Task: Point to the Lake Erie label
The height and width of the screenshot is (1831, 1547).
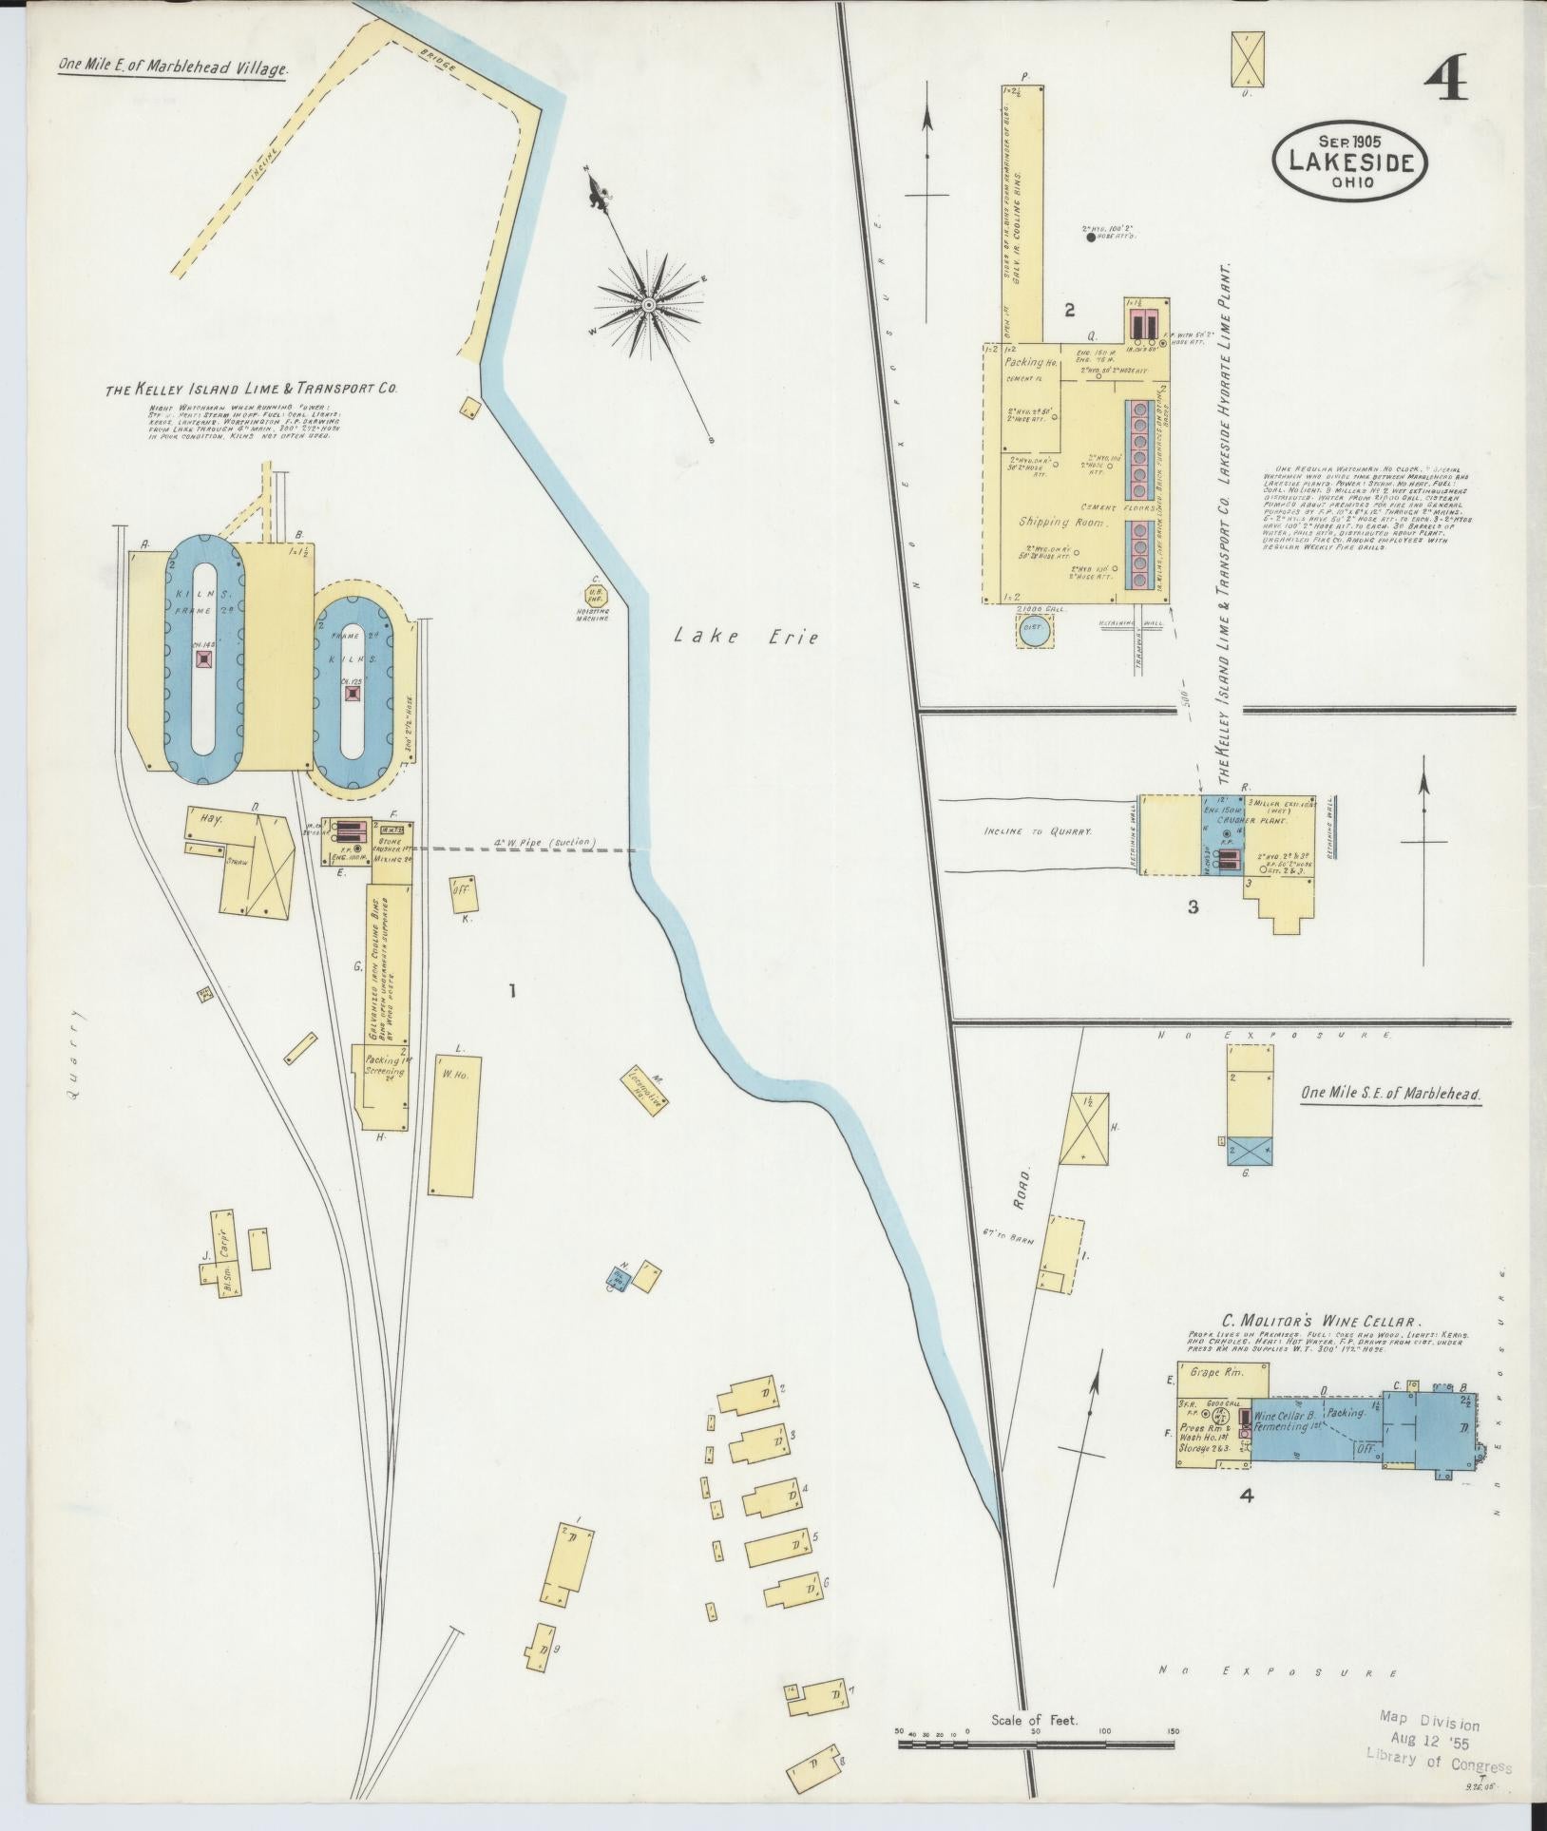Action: [x=746, y=638]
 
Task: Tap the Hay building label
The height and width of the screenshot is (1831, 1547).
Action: [x=210, y=819]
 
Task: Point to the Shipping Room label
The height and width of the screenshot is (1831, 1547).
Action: [x=1057, y=522]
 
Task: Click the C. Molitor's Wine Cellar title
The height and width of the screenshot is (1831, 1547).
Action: [x=1321, y=1321]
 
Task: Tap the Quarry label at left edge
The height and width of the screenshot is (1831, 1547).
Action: [x=74, y=1055]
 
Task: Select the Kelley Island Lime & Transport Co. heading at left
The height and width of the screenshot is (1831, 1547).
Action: [x=251, y=389]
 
